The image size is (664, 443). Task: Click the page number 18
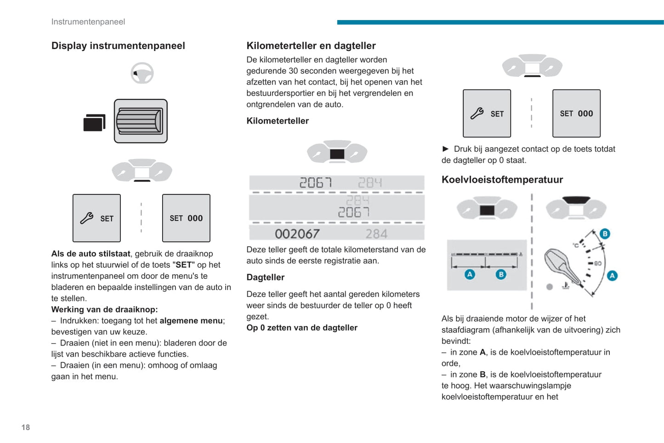click(x=26, y=427)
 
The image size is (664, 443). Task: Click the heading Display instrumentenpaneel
click(x=118, y=46)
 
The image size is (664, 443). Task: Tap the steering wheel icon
click(x=142, y=73)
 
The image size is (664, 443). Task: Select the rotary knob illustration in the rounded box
click(x=141, y=121)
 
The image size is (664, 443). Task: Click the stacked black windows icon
click(x=94, y=123)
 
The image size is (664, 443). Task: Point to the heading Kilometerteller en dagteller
click(x=311, y=46)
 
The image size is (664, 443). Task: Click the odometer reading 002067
click(x=297, y=234)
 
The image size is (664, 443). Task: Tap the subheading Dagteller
click(x=266, y=278)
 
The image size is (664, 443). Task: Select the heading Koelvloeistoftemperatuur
click(x=502, y=180)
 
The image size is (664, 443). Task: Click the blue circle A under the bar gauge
click(x=470, y=274)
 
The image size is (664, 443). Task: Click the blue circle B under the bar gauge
click(x=501, y=274)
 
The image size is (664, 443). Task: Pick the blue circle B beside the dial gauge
click(x=605, y=234)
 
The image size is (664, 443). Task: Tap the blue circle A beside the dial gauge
click(x=612, y=276)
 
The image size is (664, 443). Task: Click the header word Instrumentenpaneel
click(x=88, y=22)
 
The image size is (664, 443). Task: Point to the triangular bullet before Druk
click(x=445, y=149)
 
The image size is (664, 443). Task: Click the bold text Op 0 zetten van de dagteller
click(x=302, y=328)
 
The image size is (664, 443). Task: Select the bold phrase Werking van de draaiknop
click(x=104, y=310)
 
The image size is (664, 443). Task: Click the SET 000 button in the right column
click(x=576, y=114)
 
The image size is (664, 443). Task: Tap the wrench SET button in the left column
click(x=96, y=218)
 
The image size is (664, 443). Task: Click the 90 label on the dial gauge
click(x=598, y=263)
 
